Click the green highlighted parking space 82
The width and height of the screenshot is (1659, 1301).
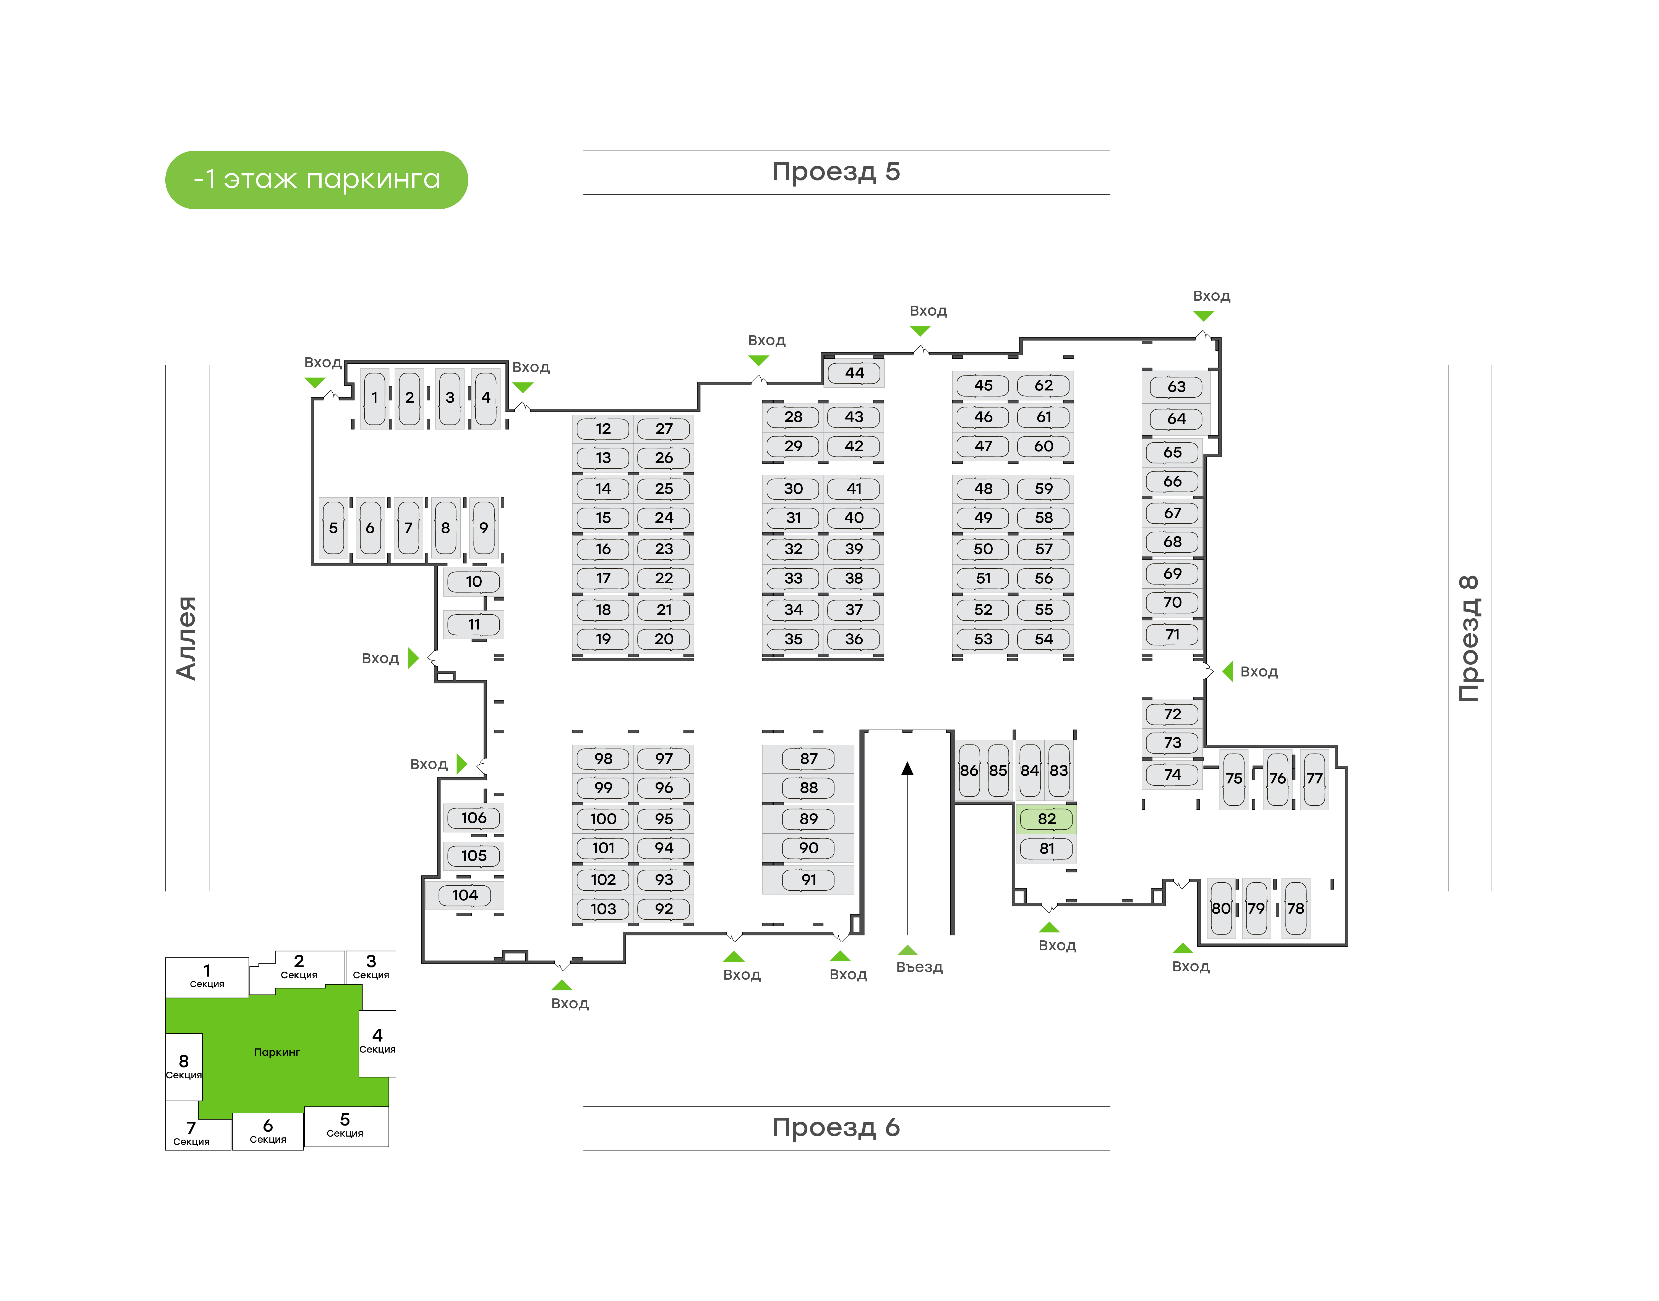[1046, 819]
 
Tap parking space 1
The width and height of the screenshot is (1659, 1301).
[374, 398]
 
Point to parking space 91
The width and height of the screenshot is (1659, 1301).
[808, 880]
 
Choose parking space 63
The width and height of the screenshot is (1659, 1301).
[1176, 387]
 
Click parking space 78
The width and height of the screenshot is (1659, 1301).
[1295, 908]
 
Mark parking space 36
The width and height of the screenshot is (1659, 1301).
[854, 639]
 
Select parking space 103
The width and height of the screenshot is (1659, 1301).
[603, 909]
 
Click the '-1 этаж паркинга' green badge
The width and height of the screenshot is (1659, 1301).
[316, 180]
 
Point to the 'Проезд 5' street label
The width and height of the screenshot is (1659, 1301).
[836, 172]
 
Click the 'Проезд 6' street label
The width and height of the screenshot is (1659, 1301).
[836, 1127]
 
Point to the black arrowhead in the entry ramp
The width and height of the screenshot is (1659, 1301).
[907, 769]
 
